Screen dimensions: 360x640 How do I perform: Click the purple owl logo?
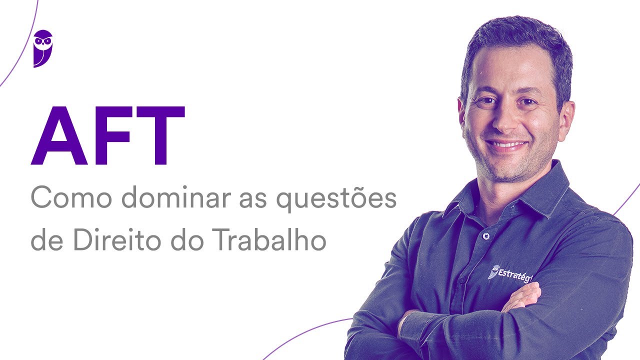[43, 48]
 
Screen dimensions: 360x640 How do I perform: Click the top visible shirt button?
[484, 235]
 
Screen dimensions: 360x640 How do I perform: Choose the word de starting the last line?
[47, 241]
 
